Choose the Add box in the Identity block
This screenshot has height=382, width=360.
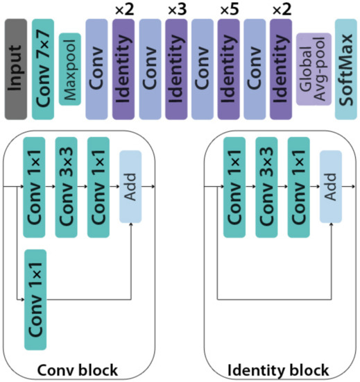pos(331,187)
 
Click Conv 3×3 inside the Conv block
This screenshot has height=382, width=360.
pos(67,187)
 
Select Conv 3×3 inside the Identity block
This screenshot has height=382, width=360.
pos(267,187)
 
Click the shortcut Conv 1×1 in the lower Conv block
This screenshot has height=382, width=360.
pos(35,299)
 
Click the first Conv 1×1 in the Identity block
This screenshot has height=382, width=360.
pos(235,187)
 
